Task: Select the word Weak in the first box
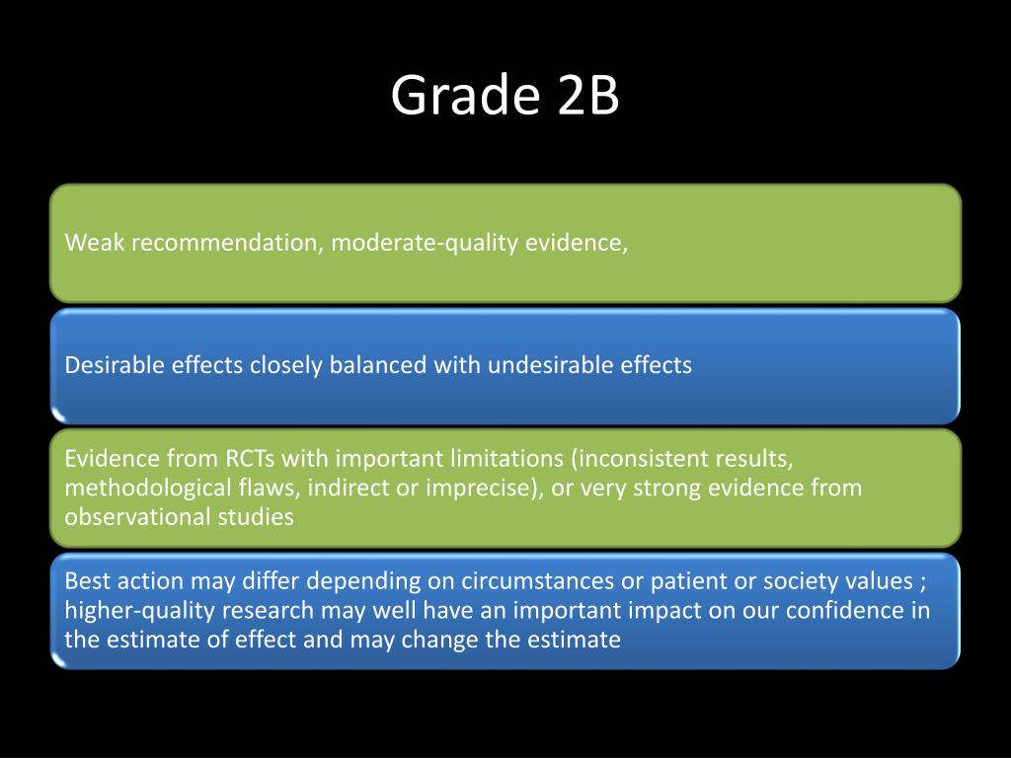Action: (95, 243)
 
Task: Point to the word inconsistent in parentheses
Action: (640, 459)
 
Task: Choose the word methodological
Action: (133, 488)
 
